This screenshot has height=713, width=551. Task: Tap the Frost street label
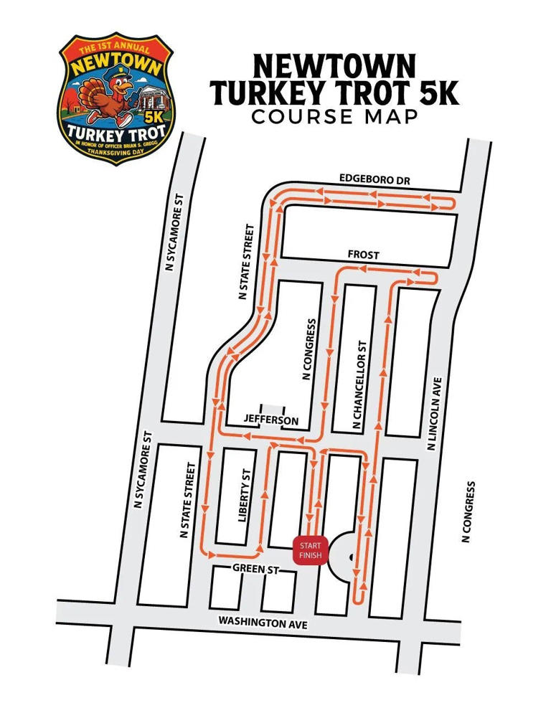tap(363, 255)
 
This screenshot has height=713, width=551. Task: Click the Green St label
tap(254, 568)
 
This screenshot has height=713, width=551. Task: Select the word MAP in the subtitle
tap(391, 117)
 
